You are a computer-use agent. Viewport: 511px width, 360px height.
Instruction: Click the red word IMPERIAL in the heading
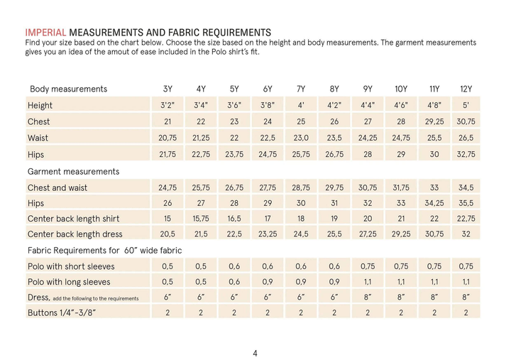(x=45, y=33)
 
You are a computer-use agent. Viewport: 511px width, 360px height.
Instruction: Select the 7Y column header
(x=301, y=89)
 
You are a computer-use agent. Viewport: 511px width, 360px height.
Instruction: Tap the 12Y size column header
(x=466, y=89)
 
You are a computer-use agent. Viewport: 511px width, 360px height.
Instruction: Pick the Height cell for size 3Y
(x=167, y=105)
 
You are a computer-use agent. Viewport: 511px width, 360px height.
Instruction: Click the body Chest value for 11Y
(x=434, y=121)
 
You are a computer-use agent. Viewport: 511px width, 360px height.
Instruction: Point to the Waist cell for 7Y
(x=301, y=138)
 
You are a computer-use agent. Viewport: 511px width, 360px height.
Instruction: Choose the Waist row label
(x=38, y=138)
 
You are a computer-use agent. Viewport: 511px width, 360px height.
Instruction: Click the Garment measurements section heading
(x=73, y=172)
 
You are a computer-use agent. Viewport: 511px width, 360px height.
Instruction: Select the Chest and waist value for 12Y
(x=466, y=188)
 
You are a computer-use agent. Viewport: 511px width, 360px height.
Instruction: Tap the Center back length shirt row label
(x=73, y=219)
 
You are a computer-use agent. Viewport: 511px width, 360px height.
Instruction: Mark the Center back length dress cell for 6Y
(x=268, y=234)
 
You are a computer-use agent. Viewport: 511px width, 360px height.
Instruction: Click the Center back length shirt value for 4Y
(x=201, y=219)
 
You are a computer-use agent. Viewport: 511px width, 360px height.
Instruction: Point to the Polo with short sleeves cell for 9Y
(x=368, y=266)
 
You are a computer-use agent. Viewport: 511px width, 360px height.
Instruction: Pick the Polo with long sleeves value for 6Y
(x=268, y=282)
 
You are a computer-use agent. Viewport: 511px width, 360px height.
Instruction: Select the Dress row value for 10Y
(x=401, y=297)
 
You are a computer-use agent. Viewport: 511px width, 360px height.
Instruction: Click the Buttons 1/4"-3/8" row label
(x=62, y=312)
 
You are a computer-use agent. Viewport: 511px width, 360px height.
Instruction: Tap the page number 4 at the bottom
(x=255, y=353)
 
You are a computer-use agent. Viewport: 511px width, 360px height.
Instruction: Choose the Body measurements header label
(x=68, y=89)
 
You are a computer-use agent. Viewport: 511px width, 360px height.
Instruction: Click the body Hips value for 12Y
(x=466, y=154)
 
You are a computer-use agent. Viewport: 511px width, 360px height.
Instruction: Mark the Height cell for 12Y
(x=466, y=105)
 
